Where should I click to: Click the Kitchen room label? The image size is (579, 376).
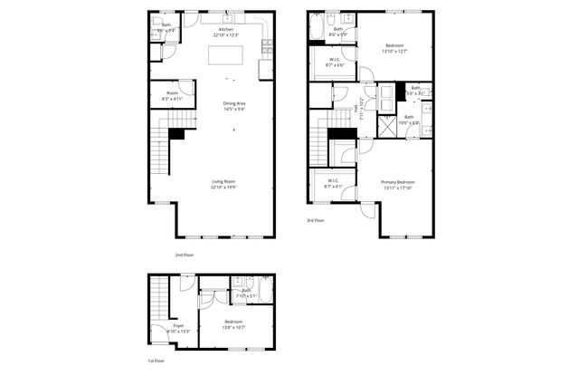point(225,31)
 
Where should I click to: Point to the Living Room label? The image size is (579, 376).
point(224,185)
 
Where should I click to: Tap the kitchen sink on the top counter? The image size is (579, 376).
point(226,18)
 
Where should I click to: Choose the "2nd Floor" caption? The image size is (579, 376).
point(184,255)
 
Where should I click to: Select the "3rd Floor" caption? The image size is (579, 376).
point(315,219)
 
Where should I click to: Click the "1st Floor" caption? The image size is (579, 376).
point(157,361)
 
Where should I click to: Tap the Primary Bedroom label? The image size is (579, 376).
point(397,186)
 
